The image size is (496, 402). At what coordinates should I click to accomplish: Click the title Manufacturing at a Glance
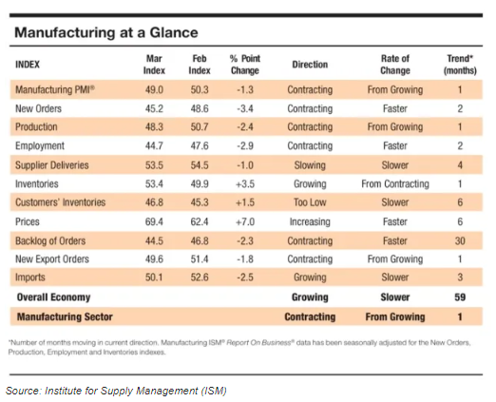coord(106,32)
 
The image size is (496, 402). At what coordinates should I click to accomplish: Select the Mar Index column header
coord(154,65)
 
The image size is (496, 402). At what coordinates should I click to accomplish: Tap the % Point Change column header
coord(245,65)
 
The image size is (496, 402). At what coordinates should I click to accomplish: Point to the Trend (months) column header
coord(460,65)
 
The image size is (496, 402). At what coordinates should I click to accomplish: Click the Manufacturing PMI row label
coord(55,89)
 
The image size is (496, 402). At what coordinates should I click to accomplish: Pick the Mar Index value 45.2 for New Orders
coord(154,108)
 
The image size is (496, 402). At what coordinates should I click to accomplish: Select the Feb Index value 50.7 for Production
coord(200,127)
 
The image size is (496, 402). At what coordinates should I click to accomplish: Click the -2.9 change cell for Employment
coord(245,145)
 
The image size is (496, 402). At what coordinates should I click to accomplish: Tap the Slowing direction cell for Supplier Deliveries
coord(310,165)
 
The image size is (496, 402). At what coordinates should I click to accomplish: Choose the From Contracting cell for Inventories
coord(395,183)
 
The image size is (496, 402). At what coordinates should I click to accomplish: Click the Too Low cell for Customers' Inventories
coord(310,202)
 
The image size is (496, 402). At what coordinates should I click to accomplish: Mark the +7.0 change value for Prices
coord(245,221)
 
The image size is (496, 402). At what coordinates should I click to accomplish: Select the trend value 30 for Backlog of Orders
coord(460,241)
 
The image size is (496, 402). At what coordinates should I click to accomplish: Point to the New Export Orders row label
coord(52,259)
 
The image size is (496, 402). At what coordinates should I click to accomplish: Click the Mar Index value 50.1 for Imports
coord(154,278)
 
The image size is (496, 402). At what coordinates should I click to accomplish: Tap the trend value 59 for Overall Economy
coord(460,297)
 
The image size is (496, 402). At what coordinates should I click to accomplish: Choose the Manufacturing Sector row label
coord(65,316)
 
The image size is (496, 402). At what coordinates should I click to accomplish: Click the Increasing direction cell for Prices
coord(310,221)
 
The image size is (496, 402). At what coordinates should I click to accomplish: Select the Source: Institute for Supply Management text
coord(116,391)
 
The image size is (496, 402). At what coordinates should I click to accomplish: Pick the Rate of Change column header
coord(395,65)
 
